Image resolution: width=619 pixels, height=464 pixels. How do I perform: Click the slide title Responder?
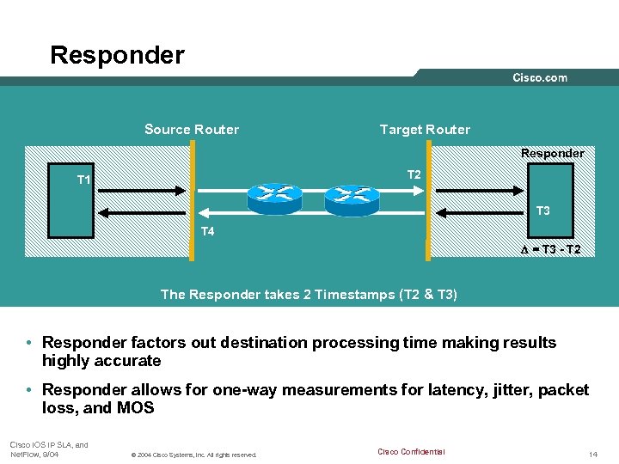coord(117,55)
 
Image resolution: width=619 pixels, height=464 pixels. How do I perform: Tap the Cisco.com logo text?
coord(540,77)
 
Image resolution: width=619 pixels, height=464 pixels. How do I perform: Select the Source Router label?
coord(192,130)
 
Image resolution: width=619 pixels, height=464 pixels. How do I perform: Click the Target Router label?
coord(425,130)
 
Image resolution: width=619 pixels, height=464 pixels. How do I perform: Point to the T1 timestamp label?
coord(84,180)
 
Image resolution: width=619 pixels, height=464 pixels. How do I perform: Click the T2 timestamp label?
coord(414,175)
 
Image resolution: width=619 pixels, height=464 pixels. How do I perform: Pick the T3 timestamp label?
coord(543,211)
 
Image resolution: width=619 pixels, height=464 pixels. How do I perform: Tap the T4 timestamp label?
coord(208,231)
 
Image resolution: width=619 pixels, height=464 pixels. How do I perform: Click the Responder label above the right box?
coord(552,153)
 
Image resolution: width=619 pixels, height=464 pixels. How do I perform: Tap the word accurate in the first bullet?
coord(130,361)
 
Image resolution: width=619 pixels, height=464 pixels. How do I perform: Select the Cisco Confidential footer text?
coord(411,452)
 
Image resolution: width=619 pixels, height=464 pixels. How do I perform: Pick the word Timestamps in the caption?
coord(351,295)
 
